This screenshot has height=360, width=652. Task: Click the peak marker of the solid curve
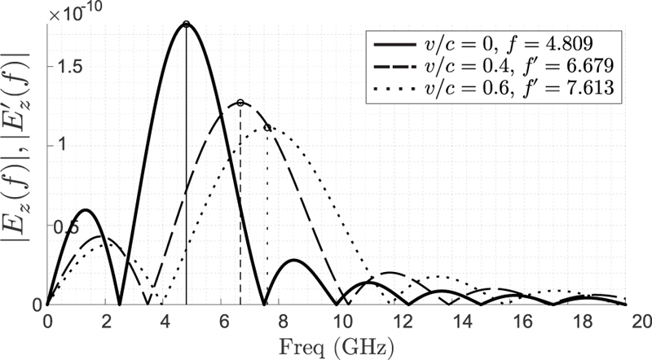[187, 24]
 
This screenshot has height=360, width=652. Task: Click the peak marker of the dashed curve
[240, 103]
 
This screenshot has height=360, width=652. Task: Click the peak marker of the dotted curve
[267, 127]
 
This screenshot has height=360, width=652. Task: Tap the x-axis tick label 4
[163, 320]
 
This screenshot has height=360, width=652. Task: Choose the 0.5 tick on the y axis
[27, 226]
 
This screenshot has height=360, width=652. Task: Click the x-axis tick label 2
[105, 320]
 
